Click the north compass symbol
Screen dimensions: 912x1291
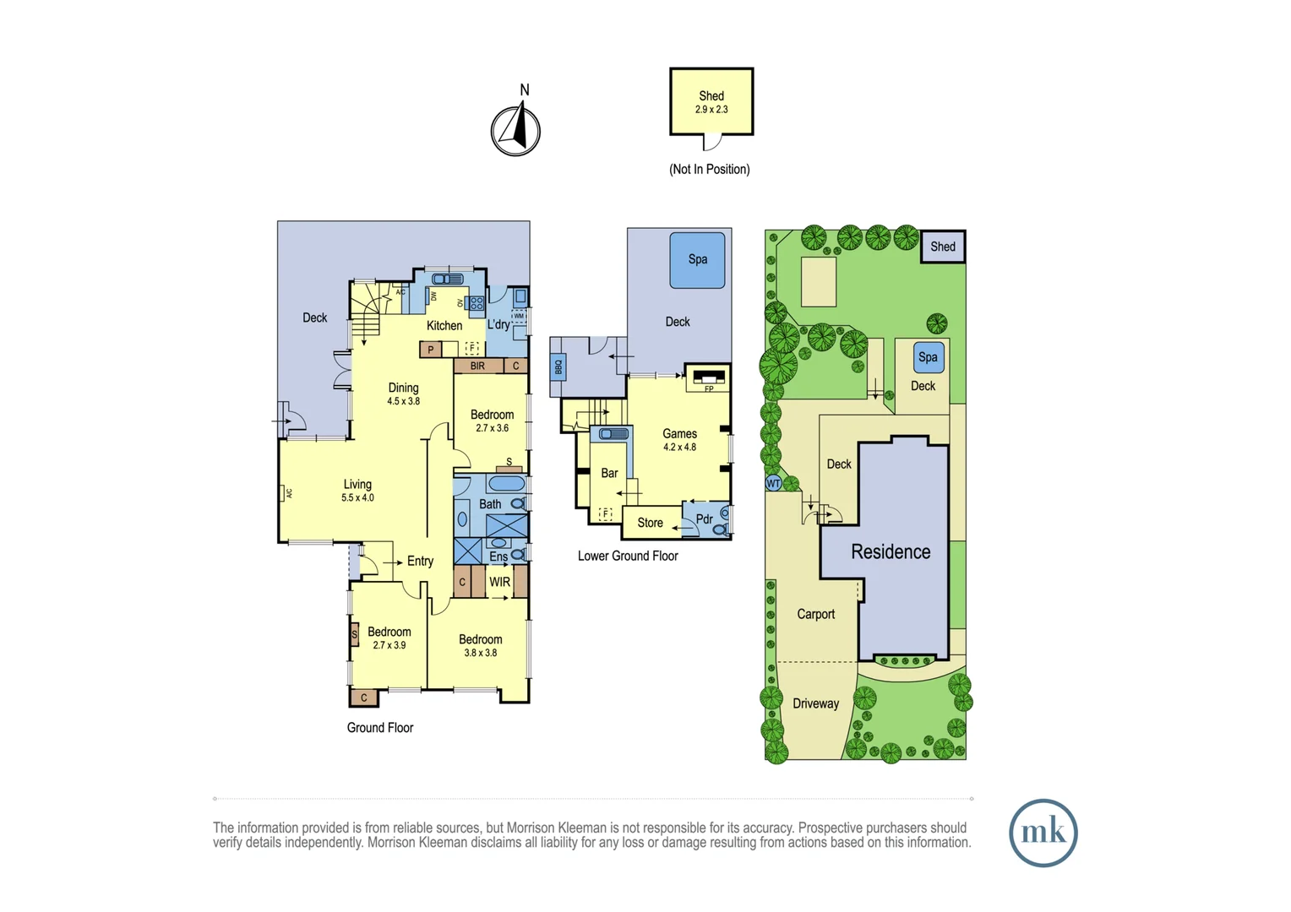pyautogui.click(x=515, y=130)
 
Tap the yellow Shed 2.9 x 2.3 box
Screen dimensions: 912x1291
pyautogui.click(x=711, y=102)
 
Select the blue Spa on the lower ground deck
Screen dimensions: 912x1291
pyautogui.click(x=697, y=260)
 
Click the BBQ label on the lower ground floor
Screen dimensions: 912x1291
pyautogui.click(x=558, y=368)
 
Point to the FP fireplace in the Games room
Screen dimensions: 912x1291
pyautogui.click(x=708, y=378)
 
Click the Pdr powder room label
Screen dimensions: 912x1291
pyautogui.click(x=704, y=519)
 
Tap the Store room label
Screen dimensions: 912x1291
pyautogui.click(x=650, y=523)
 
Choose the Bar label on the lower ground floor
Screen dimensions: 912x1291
pyautogui.click(x=609, y=473)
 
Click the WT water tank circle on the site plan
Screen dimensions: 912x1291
pyautogui.click(x=773, y=484)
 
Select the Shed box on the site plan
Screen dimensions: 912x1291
pyautogui.click(x=943, y=247)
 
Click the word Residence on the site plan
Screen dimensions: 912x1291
pyautogui.click(x=891, y=551)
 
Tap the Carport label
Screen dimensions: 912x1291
pyautogui.click(x=815, y=614)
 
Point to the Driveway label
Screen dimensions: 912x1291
pyautogui.click(x=815, y=703)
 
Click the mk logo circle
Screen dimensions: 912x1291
pyautogui.click(x=1043, y=833)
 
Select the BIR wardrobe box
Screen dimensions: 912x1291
pyautogui.click(x=478, y=366)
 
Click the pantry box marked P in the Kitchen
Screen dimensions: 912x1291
pyautogui.click(x=431, y=349)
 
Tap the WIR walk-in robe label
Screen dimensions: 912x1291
pyautogui.click(x=499, y=582)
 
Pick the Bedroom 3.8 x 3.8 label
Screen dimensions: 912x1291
pyautogui.click(x=480, y=645)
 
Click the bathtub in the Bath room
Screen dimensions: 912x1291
pyautogui.click(x=506, y=484)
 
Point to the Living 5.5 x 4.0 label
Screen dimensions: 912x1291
pyautogui.click(x=357, y=490)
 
